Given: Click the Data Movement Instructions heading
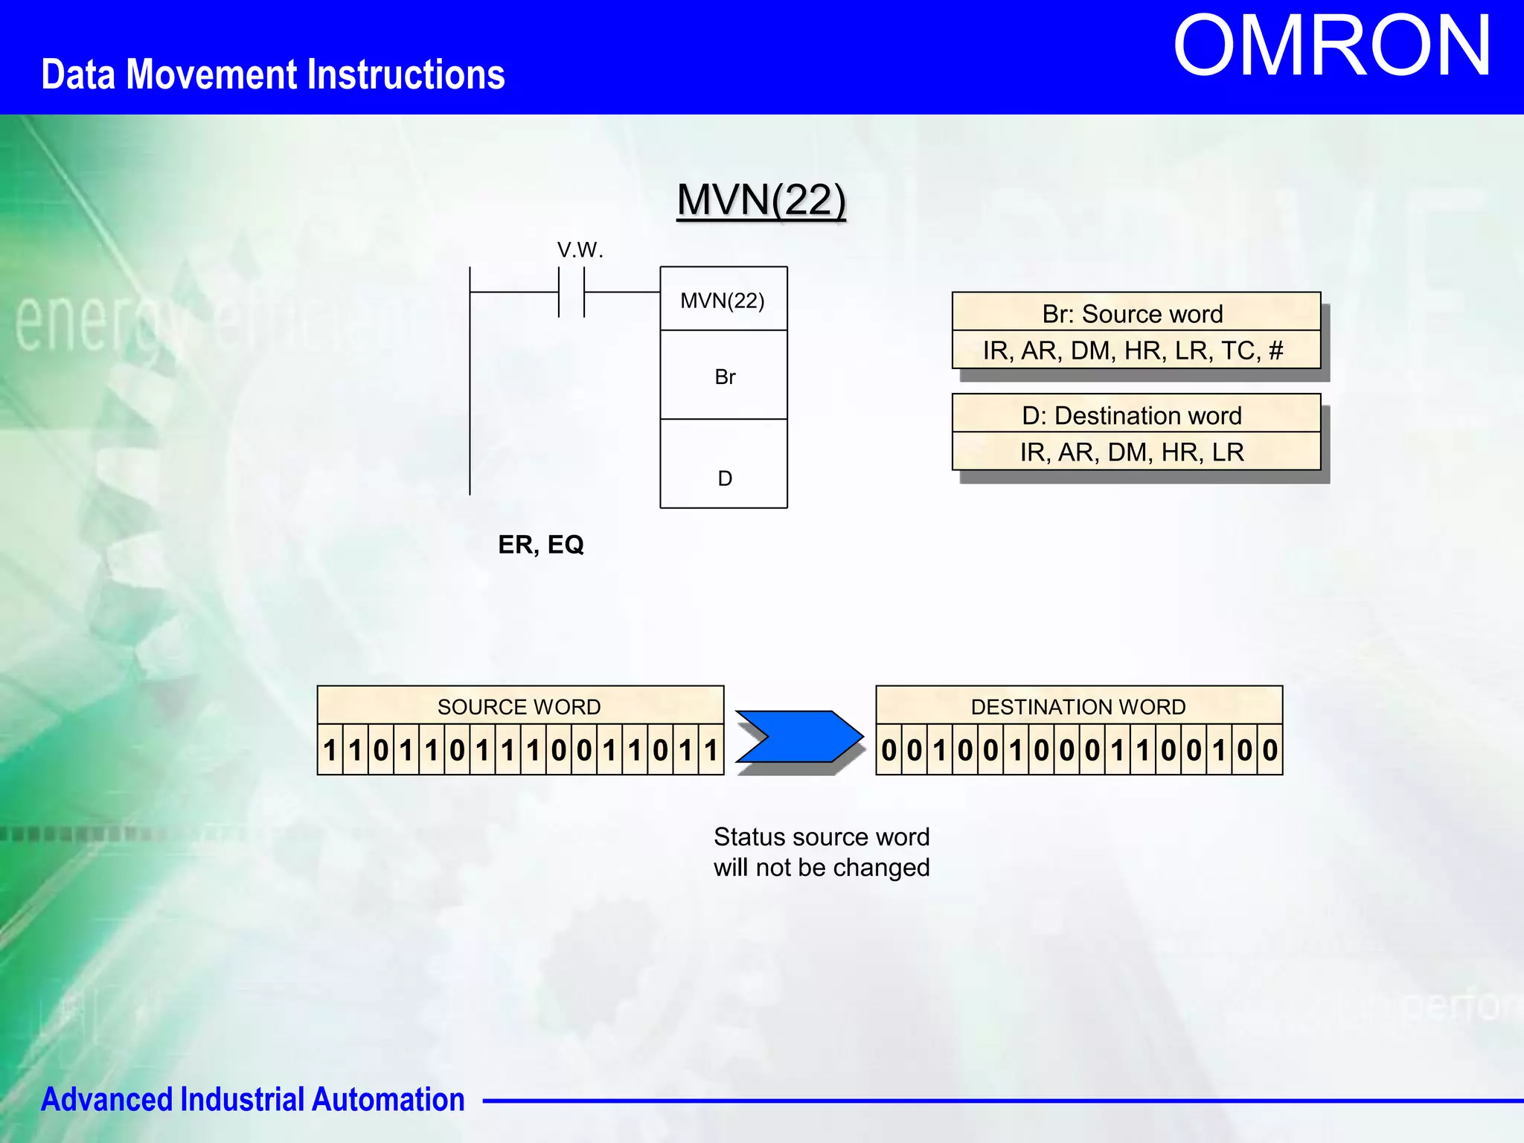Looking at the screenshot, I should (x=272, y=74).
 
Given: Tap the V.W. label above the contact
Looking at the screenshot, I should (x=580, y=250).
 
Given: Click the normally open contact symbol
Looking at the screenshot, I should (x=571, y=292).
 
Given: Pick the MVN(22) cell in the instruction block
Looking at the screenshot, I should (x=723, y=300).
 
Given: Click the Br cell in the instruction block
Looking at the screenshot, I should (x=724, y=377).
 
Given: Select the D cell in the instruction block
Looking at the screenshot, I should (x=724, y=477).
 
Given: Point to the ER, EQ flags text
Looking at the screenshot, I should (x=541, y=545).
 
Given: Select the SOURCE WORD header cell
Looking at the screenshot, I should (x=519, y=706).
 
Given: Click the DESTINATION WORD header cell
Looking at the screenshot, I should (x=1078, y=706).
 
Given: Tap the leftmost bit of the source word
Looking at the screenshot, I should (x=330, y=750).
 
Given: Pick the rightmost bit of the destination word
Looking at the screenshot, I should (x=1270, y=750).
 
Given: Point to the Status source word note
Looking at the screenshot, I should (x=821, y=852).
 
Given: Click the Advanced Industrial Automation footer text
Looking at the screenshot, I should (x=252, y=1099).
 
